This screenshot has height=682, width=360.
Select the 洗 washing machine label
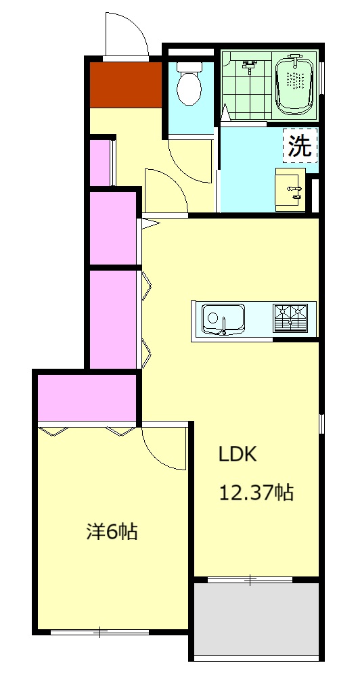(x=300, y=145)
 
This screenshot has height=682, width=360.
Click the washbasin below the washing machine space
(x=290, y=189)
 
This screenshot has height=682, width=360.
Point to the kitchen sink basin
(x=223, y=319)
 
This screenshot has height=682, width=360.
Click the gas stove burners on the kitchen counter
(x=290, y=318)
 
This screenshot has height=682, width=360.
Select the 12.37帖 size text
(x=256, y=493)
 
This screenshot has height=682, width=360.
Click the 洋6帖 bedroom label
(x=112, y=532)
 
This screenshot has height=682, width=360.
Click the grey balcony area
(x=256, y=618)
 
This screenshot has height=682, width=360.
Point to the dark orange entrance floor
(x=126, y=85)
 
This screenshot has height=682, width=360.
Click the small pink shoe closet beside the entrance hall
(x=99, y=162)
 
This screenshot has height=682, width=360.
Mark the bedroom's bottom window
(x=100, y=631)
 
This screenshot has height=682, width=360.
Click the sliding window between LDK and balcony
(x=250, y=579)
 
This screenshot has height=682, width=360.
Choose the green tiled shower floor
(x=246, y=86)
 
